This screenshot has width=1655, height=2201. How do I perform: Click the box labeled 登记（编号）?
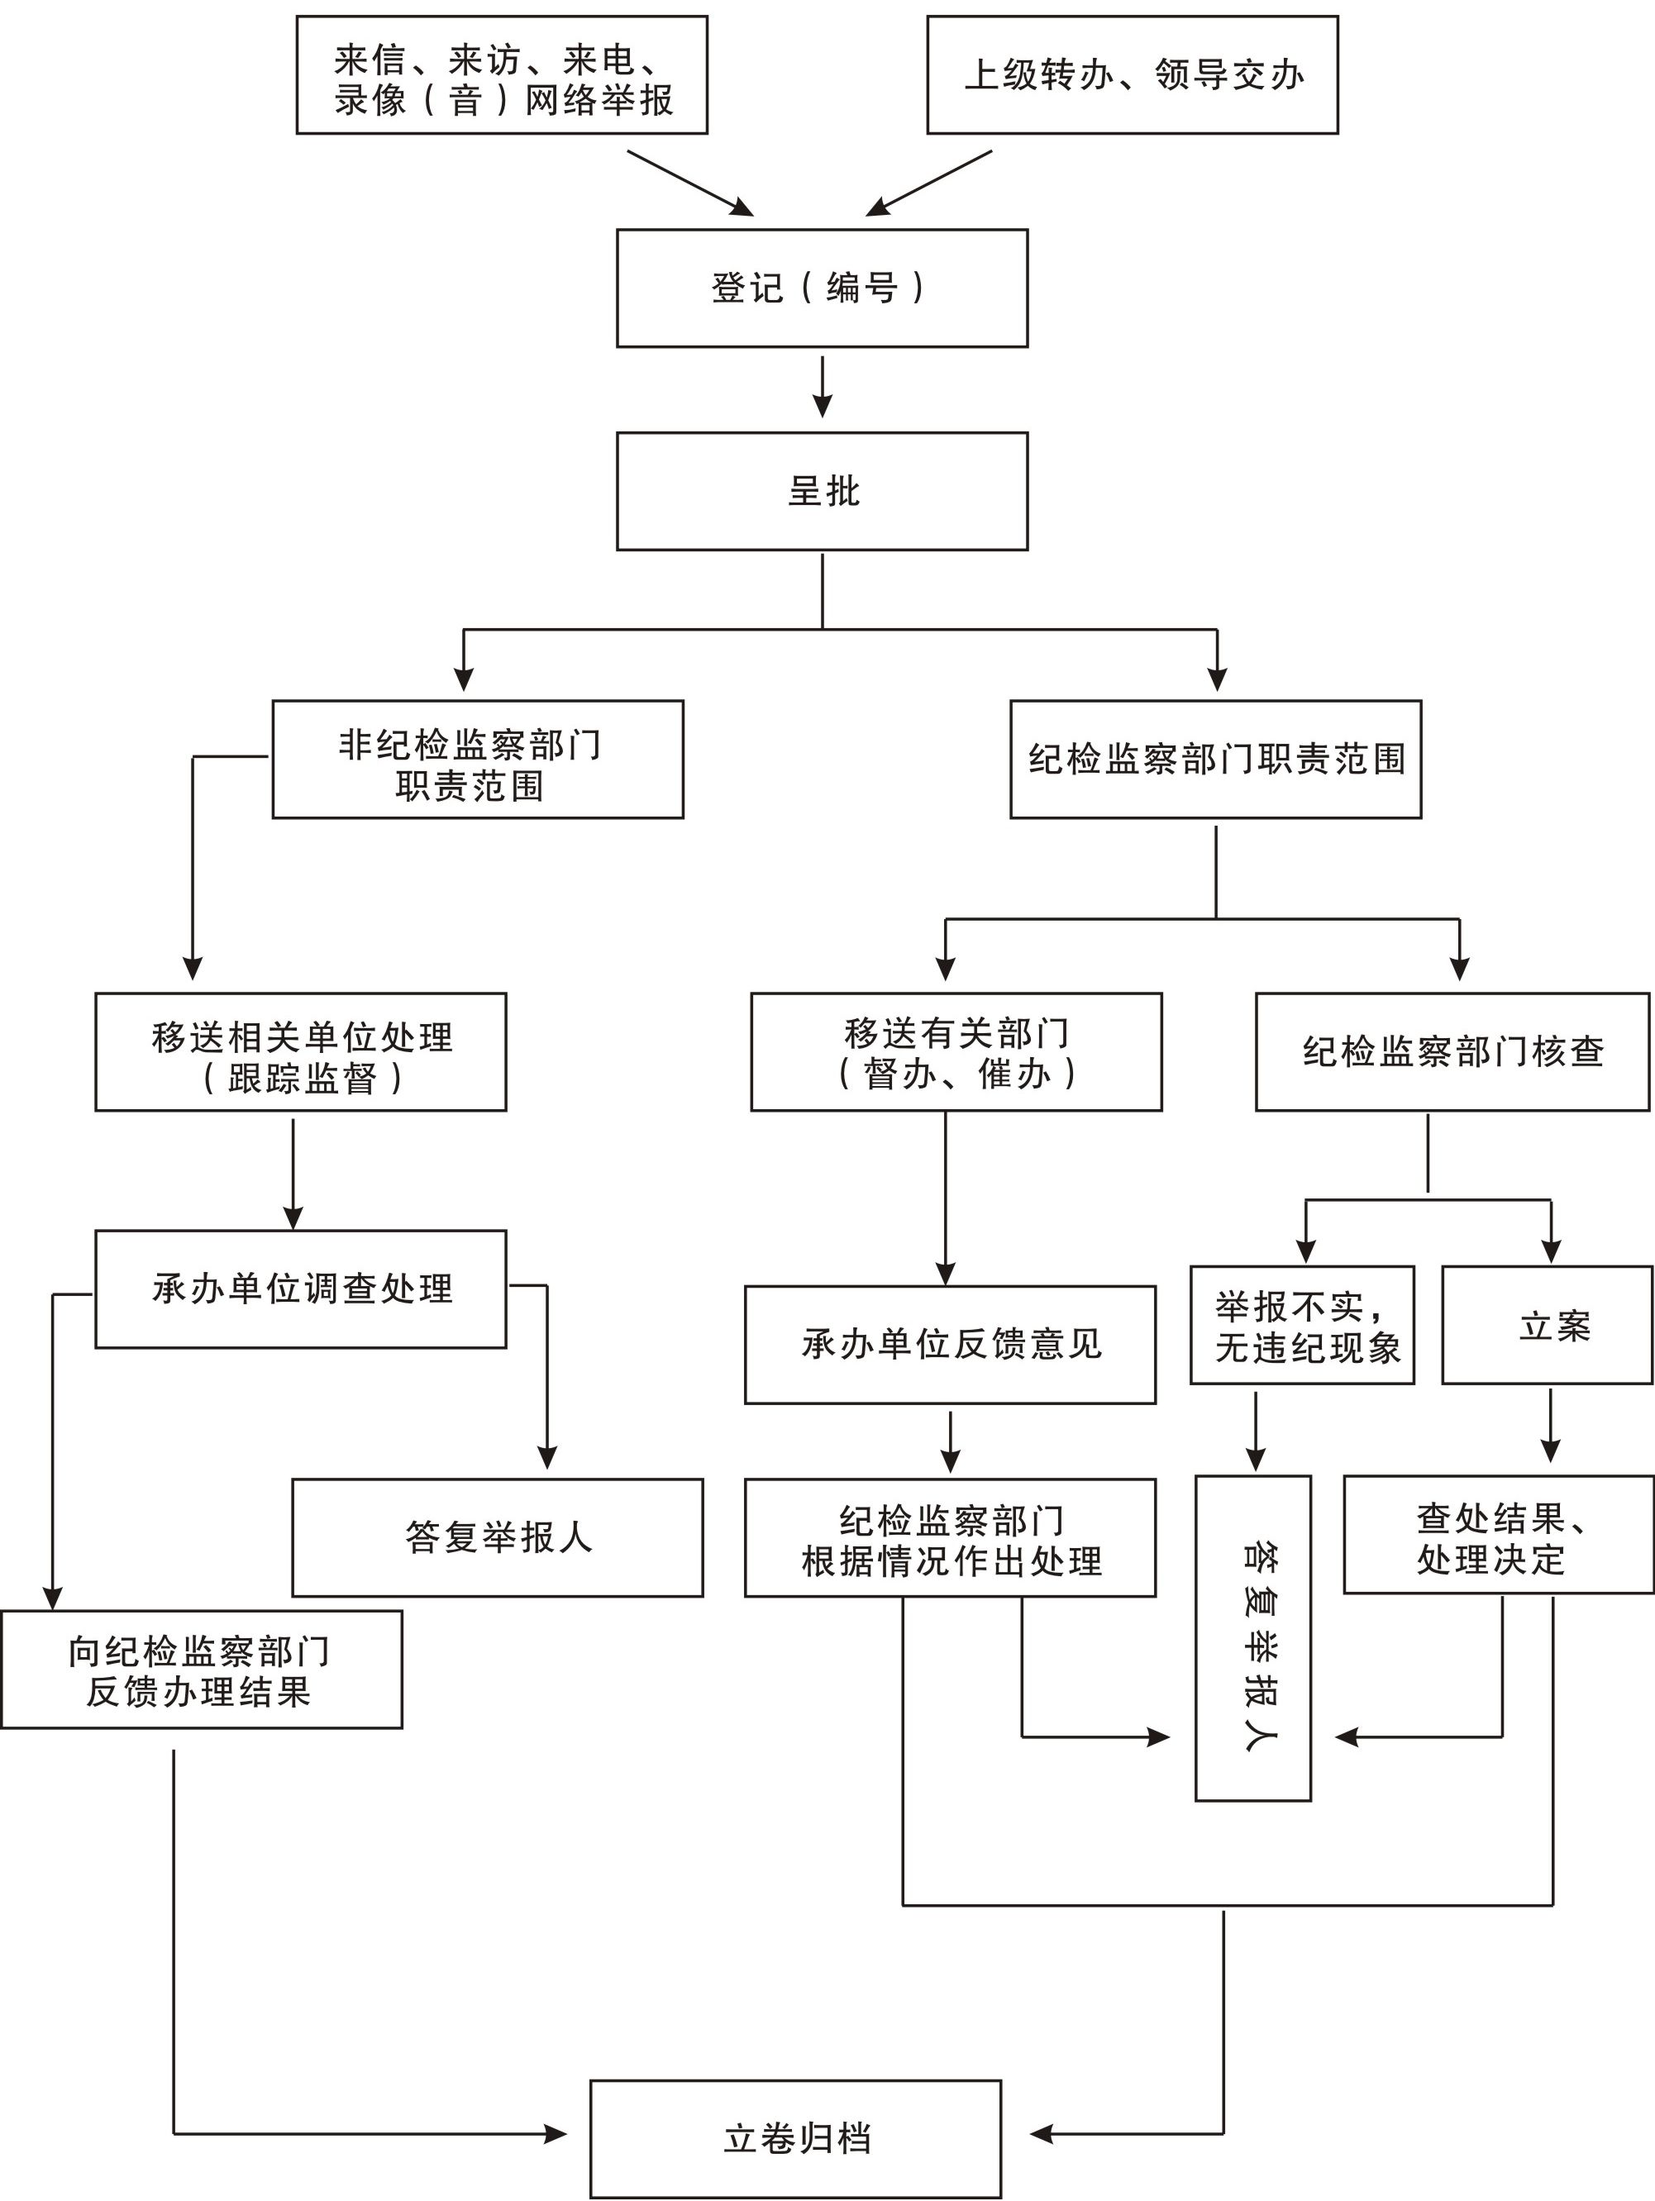[x=821, y=288]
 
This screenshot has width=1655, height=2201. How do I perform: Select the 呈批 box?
[x=821, y=491]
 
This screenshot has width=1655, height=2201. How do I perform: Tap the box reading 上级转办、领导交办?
[x=1132, y=74]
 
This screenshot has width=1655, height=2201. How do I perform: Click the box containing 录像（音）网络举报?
[x=502, y=74]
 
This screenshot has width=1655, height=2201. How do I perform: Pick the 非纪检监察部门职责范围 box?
[x=478, y=760]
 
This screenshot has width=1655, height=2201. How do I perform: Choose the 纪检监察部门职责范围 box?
[x=1215, y=760]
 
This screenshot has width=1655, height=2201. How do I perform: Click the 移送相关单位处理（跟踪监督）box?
[x=301, y=1052]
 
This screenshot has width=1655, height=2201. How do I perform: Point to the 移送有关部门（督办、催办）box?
[x=956, y=1052]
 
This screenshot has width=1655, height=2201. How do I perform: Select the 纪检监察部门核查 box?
[x=1452, y=1052]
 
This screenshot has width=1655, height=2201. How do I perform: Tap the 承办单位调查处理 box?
[x=301, y=1289]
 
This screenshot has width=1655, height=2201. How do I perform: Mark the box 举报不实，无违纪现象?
[x=1302, y=1326]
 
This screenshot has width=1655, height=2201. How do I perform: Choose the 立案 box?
[x=1547, y=1326]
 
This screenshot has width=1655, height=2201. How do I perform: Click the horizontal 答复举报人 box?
[x=497, y=1537]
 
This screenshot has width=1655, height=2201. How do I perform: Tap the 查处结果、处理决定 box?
[x=1498, y=1536]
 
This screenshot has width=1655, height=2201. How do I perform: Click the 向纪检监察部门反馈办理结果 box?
[x=201, y=1670]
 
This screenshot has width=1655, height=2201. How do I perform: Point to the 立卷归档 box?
[x=795, y=2137]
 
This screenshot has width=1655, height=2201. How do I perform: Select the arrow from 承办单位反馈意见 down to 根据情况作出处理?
[x=951, y=1441]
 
